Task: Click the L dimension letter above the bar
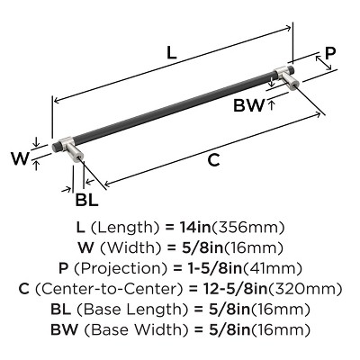pos(171,53)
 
